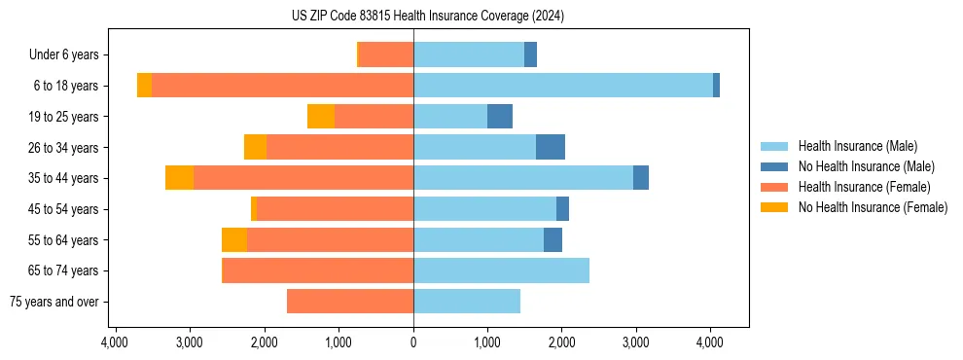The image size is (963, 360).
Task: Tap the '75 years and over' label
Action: (53, 302)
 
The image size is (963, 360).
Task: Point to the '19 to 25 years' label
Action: (63, 117)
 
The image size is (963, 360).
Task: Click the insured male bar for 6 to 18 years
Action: (563, 86)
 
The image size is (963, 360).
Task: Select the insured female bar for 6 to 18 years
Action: (282, 86)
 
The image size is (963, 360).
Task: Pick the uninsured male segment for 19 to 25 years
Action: (500, 117)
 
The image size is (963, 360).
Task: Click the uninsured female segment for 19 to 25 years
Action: (321, 117)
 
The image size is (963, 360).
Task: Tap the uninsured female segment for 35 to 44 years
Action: (179, 178)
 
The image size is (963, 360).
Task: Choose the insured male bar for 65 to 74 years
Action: (501, 270)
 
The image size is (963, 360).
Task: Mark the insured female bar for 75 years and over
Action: (350, 302)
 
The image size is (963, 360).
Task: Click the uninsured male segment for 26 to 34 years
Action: (551, 147)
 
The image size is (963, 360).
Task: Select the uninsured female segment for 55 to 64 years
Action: (234, 239)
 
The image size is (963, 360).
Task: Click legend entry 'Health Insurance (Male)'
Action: (857, 146)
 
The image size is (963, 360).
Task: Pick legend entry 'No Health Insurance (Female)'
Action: (873, 207)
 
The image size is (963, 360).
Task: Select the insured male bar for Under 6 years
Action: (469, 54)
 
